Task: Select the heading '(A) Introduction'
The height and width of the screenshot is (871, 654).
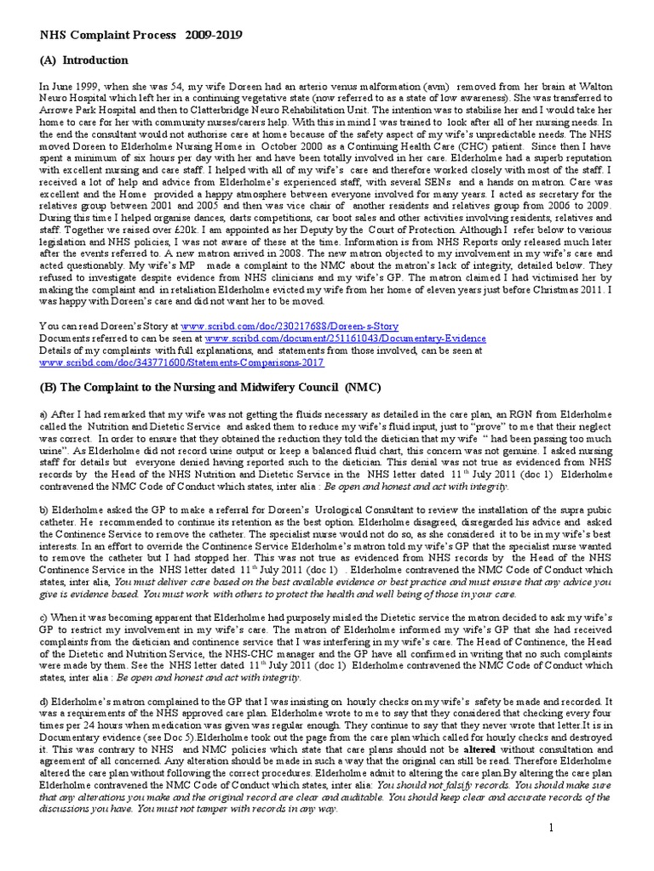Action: tap(84, 60)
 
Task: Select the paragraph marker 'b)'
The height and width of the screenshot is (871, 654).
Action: tap(45, 506)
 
